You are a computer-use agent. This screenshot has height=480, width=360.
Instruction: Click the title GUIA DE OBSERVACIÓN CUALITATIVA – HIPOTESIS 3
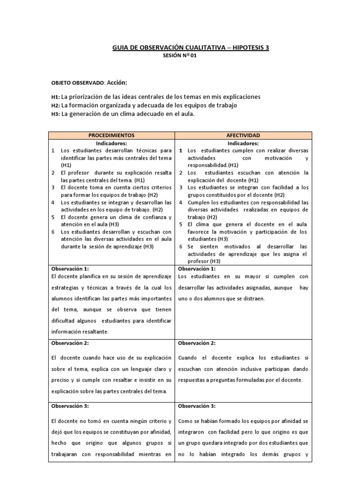tap(191, 47)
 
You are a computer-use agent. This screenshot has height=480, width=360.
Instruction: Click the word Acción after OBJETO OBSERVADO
tap(117, 82)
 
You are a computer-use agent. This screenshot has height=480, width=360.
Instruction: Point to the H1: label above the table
tap(55, 97)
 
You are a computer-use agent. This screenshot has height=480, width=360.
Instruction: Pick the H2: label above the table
tap(55, 105)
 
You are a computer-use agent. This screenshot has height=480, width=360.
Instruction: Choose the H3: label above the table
tap(55, 114)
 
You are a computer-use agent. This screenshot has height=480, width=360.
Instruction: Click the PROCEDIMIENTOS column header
tap(112, 135)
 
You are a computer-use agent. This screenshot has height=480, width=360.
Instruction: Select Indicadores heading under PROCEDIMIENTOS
tap(112, 143)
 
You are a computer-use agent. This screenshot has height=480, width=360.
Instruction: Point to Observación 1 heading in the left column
tap(69, 269)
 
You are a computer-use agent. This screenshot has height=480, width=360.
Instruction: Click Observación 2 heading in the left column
tap(69, 343)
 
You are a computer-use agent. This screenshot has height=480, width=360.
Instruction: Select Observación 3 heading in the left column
tap(69, 406)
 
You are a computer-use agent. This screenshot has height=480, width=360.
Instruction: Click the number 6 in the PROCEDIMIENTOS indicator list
tap(53, 231)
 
